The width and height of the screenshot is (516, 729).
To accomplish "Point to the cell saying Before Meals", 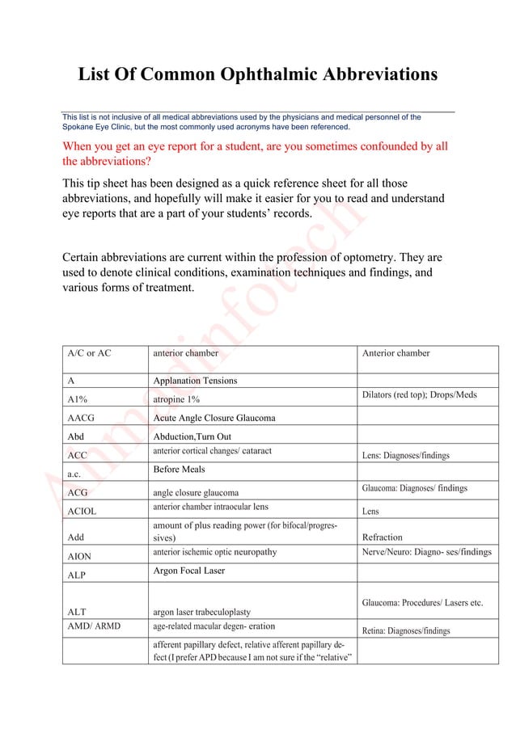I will [x=180, y=470].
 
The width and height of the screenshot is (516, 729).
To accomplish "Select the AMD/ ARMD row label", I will [x=93, y=626].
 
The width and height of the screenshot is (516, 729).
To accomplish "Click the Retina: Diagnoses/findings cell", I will [x=406, y=631].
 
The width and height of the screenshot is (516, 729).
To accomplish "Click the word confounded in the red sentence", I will [x=387, y=146].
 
